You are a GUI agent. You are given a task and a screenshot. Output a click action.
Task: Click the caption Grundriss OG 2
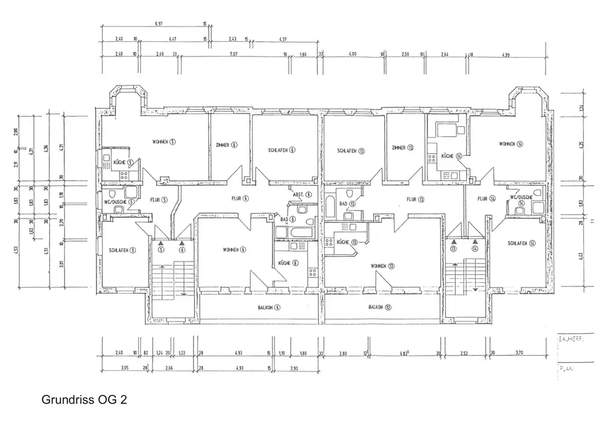point(85,400)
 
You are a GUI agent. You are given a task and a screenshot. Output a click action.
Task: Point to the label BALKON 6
point(269,308)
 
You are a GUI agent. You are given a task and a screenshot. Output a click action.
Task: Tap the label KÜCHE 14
point(451,156)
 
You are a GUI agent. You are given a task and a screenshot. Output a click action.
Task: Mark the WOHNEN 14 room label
point(511,144)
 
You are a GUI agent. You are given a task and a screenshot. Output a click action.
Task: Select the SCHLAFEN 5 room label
point(123,249)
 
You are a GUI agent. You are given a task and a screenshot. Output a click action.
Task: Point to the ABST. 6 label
point(302,195)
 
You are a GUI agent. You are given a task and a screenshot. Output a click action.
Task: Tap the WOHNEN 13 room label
point(384,266)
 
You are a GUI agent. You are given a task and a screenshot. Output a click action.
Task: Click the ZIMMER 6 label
point(226,144)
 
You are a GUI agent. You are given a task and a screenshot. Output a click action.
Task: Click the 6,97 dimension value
point(159,24)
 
